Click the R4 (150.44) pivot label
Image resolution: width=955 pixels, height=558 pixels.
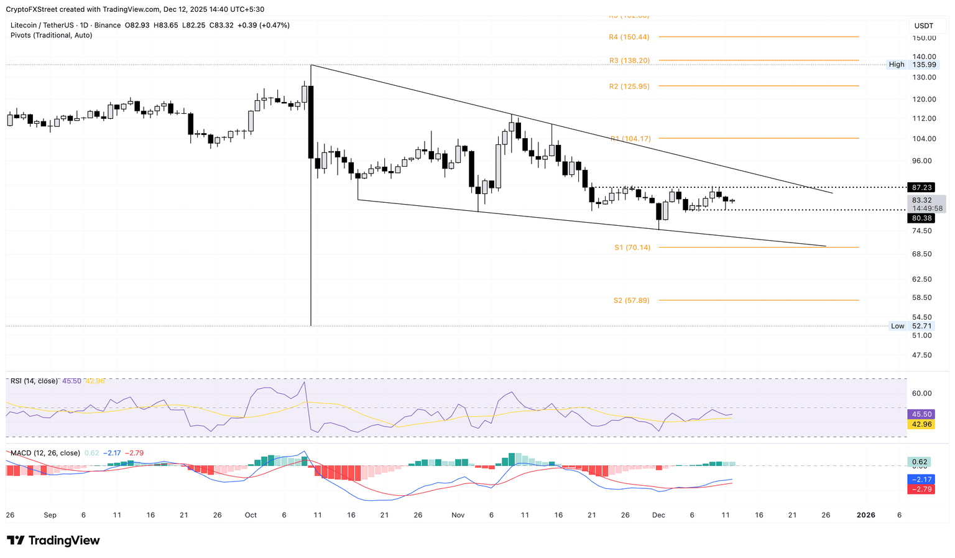629,37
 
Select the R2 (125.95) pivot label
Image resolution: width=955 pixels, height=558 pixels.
629,86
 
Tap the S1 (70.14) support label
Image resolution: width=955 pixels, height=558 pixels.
632,248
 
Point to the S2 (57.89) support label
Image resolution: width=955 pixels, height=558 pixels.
631,300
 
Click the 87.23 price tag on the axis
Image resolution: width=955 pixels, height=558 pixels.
921,187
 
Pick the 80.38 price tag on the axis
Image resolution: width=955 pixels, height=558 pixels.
921,218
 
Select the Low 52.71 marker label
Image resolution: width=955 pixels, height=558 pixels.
911,326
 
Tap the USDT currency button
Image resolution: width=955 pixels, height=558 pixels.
923,26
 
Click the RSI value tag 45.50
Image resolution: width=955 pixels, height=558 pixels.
921,414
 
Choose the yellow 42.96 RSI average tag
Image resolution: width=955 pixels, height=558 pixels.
921,424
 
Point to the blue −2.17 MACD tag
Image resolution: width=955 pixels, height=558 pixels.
921,480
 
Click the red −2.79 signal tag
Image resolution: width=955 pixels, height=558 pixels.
921,490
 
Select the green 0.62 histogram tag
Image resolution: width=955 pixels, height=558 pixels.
920,462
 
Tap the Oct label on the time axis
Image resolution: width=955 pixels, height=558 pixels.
251,515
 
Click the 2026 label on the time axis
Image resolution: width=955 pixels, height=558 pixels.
866,515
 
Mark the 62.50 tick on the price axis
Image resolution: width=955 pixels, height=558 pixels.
921,279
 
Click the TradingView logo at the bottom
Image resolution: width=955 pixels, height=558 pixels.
53,541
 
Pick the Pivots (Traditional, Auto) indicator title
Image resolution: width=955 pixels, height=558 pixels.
52,35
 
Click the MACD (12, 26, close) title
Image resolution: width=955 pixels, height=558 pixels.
45,453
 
